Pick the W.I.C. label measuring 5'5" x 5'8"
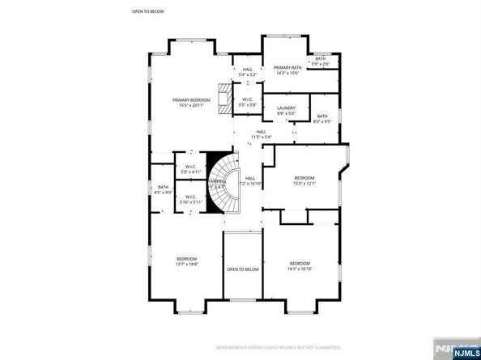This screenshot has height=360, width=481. click(x=248, y=103)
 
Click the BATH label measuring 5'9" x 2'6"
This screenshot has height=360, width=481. click(x=321, y=61)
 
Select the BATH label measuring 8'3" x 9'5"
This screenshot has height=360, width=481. click(x=322, y=119)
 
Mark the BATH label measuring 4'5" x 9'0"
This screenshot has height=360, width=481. click(x=164, y=189)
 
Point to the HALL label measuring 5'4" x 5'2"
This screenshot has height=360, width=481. click(x=248, y=72)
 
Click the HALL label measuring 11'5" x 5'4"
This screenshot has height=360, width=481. click(x=261, y=134)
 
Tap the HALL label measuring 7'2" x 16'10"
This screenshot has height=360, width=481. click(x=250, y=181)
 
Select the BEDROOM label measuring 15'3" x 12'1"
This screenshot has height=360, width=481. click(x=304, y=180)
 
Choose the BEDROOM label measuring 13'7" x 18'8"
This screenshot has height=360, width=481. click(x=187, y=261)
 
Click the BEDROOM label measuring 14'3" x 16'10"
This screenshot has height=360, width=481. click(x=300, y=265)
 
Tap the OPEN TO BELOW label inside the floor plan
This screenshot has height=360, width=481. click(x=242, y=269)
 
